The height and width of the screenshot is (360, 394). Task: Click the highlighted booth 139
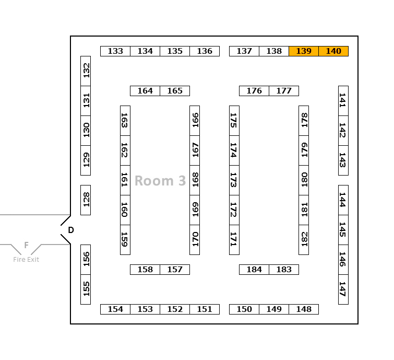pos(304,51)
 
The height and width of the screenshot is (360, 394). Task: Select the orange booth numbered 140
pos(333,51)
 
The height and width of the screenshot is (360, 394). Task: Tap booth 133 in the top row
pos(115,51)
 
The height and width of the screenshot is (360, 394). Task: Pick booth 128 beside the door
pos(86,200)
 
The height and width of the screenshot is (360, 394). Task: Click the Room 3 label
pos(160,181)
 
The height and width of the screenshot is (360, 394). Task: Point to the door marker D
pos(71,230)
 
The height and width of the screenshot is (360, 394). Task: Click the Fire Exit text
pos(26,260)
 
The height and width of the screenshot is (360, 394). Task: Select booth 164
pos(145,91)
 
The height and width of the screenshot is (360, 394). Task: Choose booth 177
pos(284,91)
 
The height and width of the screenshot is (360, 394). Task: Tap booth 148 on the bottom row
pos(304,309)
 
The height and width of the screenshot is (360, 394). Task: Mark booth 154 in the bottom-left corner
pos(115,309)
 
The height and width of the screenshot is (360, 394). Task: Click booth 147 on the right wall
pos(343,289)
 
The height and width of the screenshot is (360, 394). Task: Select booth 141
pos(343,101)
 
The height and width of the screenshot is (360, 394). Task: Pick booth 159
pos(125,240)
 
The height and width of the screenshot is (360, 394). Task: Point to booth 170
pos(195,240)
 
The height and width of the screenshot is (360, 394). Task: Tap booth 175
pos(234,121)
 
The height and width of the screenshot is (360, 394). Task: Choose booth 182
pos(304,240)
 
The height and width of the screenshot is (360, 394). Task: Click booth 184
pos(254,270)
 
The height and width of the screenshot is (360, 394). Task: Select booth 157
pos(175,270)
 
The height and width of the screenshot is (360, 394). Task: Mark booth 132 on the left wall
pos(86,71)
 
